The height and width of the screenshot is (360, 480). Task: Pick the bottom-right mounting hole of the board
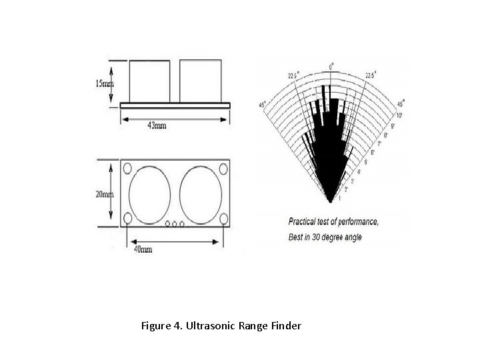click(x=223, y=219)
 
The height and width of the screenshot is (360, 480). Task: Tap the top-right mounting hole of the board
click(x=223, y=167)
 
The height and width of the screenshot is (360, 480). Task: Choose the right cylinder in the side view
click(x=200, y=80)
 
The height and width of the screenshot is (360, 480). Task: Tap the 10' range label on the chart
click(x=399, y=115)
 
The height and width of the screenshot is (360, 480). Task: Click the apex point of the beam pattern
click(x=330, y=199)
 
